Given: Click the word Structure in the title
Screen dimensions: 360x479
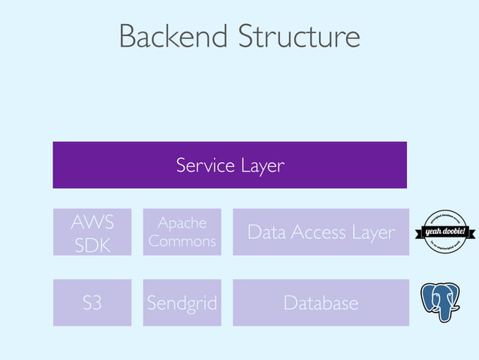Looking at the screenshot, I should point(299,37).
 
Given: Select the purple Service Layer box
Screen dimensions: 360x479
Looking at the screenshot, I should point(230,165).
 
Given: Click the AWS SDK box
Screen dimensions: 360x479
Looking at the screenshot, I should point(92,232).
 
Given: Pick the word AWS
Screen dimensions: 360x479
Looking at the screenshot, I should point(92,222).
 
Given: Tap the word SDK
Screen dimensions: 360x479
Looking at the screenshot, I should point(92,244).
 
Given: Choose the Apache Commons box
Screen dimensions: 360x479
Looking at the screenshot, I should point(182,232).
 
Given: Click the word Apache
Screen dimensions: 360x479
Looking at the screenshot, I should point(182,223).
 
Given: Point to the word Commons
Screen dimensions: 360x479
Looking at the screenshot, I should point(182,241).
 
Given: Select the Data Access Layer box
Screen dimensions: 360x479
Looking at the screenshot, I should point(321,232).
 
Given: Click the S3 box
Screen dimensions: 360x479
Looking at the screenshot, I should point(92,303).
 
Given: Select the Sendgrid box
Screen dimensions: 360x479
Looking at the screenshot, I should point(182,303).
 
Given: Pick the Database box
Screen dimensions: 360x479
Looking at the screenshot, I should point(321,303).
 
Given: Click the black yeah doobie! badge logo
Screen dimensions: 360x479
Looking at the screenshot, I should point(446,231).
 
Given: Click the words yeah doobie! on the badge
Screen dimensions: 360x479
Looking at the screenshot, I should point(446,231).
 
